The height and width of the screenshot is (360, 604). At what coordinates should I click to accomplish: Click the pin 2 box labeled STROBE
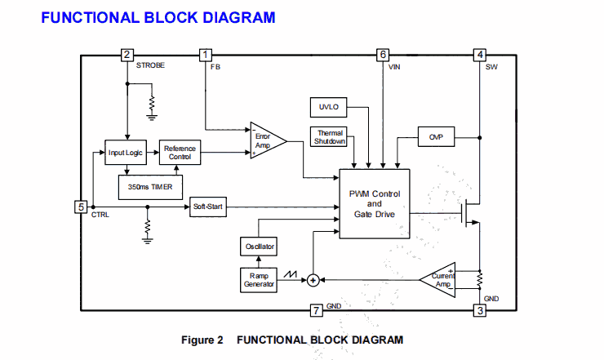[127, 55]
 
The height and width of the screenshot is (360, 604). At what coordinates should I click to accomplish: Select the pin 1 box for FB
[205, 55]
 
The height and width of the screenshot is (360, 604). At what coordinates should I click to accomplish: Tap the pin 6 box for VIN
[383, 55]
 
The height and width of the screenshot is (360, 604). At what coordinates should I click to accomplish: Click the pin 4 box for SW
[481, 55]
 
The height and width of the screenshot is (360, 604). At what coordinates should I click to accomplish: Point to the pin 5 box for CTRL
[81, 207]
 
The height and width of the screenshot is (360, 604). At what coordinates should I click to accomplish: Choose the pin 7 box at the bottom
[317, 310]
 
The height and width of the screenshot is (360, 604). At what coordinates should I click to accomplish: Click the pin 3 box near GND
[481, 310]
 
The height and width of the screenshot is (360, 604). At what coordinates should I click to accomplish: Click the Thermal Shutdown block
[330, 137]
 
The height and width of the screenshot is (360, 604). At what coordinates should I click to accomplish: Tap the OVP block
[435, 137]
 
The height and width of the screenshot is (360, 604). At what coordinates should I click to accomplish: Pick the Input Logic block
[125, 153]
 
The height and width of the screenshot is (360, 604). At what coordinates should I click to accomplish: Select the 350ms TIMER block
[150, 186]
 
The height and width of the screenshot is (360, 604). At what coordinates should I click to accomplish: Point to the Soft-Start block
[207, 207]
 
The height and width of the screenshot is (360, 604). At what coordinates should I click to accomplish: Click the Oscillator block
[259, 247]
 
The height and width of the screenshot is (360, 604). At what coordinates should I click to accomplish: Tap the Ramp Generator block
[259, 279]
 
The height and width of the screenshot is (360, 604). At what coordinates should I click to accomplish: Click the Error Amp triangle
[266, 140]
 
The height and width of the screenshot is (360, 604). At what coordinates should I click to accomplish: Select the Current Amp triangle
[441, 280]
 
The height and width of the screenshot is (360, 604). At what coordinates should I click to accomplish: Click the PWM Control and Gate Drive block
[374, 204]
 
